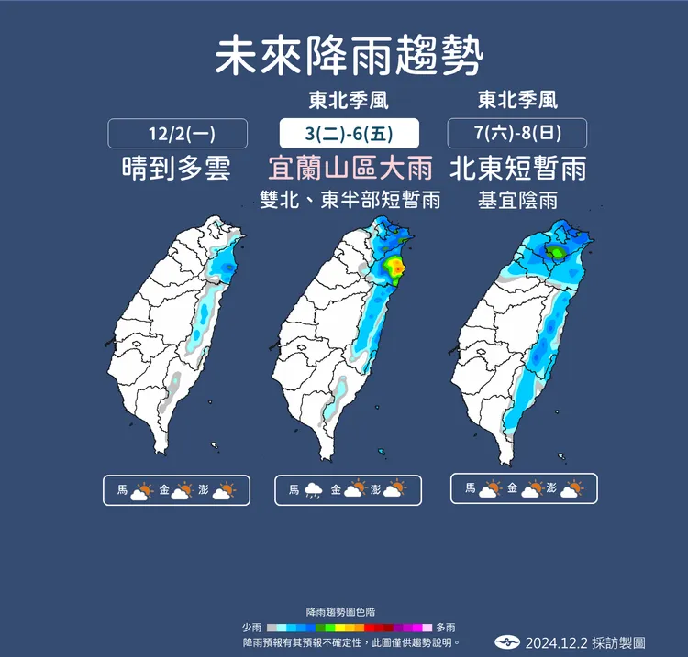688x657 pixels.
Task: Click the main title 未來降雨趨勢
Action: pyautogui.click(x=349, y=58)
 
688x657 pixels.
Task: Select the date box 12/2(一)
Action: pyautogui.click(x=178, y=134)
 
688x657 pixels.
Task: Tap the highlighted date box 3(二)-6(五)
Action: pyautogui.click(x=349, y=134)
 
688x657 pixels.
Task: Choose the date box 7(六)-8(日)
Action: pyautogui.click(x=517, y=134)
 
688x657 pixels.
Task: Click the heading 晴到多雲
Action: pyautogui.click(x=176, y=169)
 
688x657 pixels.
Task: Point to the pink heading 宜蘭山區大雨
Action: pyautogui.click(x=350, y=169)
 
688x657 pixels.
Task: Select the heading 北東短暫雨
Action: pyautogui.click(x=518, y=169)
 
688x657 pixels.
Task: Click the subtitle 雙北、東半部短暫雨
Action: pyautogui.click(x=350, y=200)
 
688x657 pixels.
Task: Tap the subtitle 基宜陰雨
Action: pyautogui.click(x=518, y=200)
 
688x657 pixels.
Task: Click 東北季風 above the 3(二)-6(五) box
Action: pyautogui.click(x=349, y=99)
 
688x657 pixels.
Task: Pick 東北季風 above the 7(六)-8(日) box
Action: pyautogui.click(x=518, y=99)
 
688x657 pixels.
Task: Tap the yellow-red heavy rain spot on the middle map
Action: pyautogui.click(x=394, y=267)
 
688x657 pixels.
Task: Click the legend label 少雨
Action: pyautogui.click(x=251, y=628)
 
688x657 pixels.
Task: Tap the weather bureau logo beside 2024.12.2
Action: pyautogui.click(x=508, y=643)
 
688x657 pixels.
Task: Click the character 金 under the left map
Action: pyautogui.click(x=164, y=491)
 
